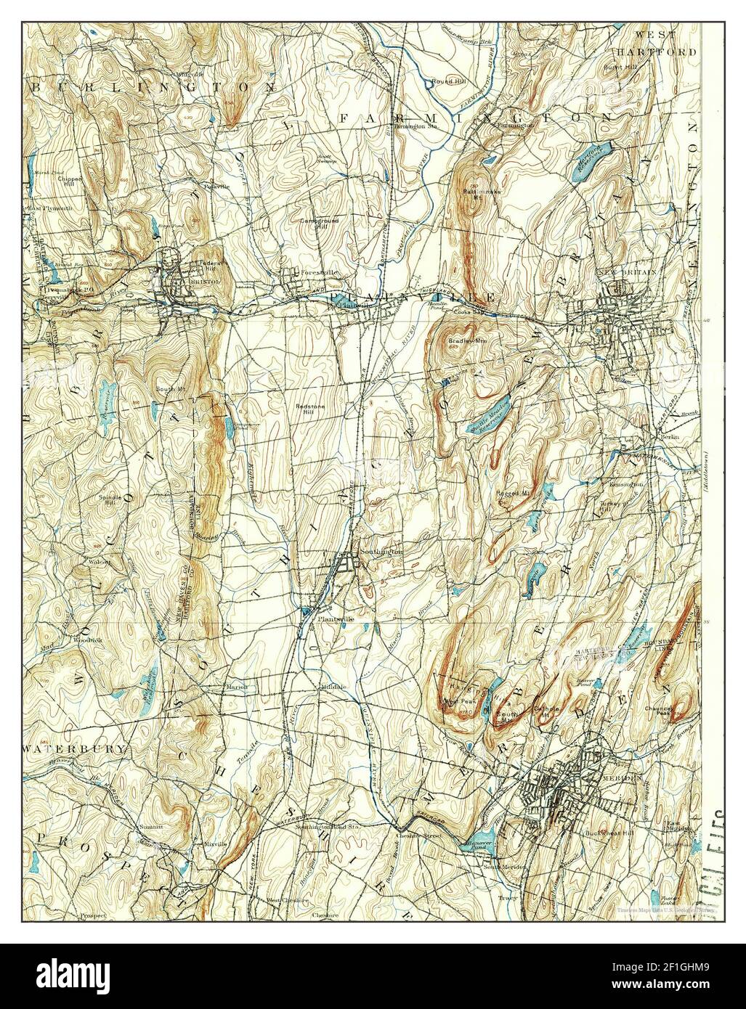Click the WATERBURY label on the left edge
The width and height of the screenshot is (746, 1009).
click(x=54, y=747)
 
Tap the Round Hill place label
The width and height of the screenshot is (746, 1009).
click(x=444, y=81)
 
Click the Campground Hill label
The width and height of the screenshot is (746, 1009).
click(x=317, y=223)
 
